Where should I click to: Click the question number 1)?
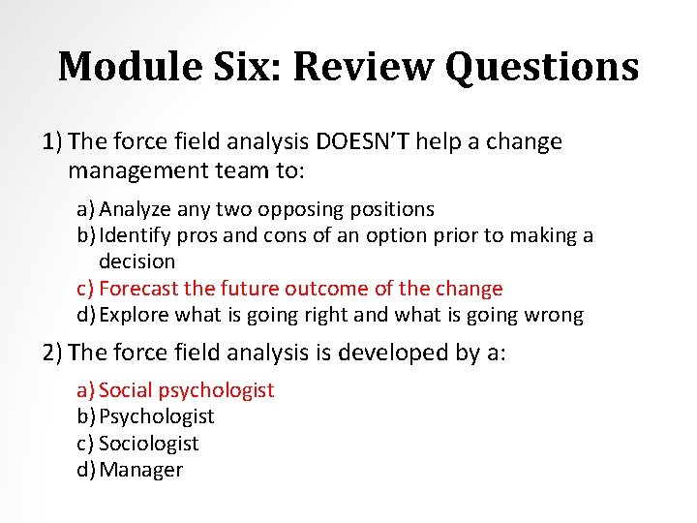[x=53, y=141]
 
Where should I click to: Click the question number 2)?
[x=54, y=353]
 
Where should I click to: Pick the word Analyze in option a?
[x=134, y=209]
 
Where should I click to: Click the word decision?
[x=136, y=261]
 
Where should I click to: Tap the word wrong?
[x=554, y=315]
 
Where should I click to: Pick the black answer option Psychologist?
[x=156, y=416]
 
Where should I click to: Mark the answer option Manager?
[x=140, y=470]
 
